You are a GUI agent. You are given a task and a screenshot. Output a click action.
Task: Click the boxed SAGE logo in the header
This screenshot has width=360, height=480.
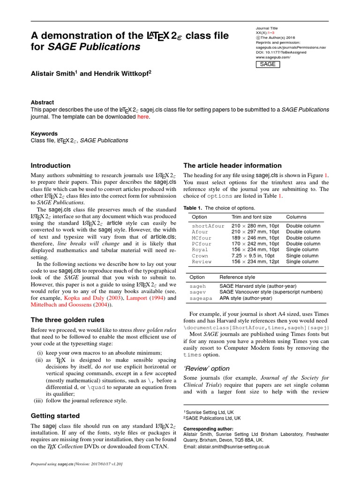pos(268,64)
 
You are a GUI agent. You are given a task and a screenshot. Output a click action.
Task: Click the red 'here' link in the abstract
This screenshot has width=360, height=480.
pos(142,117)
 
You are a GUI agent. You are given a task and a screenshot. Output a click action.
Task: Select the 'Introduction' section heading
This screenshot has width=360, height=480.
pos(51,165)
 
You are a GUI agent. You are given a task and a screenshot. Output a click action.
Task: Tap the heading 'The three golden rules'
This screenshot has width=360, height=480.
pos(67,320)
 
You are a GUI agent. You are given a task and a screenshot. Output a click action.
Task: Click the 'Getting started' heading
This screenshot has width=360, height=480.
pos(55,415)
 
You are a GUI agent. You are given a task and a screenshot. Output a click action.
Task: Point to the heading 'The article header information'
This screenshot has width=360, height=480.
pos(232,165)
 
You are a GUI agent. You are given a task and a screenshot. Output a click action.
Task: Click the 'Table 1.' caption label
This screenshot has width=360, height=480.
pos(193,208)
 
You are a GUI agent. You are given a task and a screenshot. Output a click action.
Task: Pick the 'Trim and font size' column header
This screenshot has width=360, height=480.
pos(251,217)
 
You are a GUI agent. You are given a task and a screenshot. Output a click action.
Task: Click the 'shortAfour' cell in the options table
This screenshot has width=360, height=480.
pos(208,226)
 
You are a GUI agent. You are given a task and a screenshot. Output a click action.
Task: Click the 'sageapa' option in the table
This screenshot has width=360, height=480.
pos(201,298)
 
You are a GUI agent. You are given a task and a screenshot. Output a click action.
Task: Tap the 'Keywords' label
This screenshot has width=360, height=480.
pos(44,134)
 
